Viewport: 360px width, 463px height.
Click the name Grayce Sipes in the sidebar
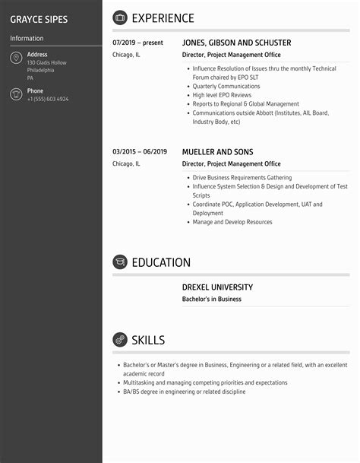click(39, 18)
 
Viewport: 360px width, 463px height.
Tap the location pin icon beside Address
click(16, 59)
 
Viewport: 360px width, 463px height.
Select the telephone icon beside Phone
click(16, 94)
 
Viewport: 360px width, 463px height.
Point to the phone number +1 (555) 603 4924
click(48, 100)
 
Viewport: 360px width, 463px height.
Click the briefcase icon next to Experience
click(120, 18)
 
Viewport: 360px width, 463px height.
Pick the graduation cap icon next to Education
click(120, 262)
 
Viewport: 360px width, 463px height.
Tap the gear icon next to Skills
click(120, 340)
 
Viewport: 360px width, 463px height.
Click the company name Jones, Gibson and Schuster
click(236, 43)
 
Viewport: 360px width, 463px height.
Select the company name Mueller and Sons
click(217, 152)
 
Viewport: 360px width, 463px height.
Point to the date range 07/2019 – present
click(137, 43)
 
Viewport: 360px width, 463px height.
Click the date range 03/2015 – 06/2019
click(140, 152)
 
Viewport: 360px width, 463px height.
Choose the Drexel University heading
click(217, 287)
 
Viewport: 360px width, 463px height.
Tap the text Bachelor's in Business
click(212, 300)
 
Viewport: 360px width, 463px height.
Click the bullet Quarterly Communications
click(226, 87)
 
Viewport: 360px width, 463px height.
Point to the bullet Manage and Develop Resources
click(232, 223)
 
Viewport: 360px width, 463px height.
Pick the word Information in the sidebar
click(27, 38)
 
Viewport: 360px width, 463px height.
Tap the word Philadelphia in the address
click(41, 70)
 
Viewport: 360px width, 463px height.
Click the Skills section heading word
click(148, 340)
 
